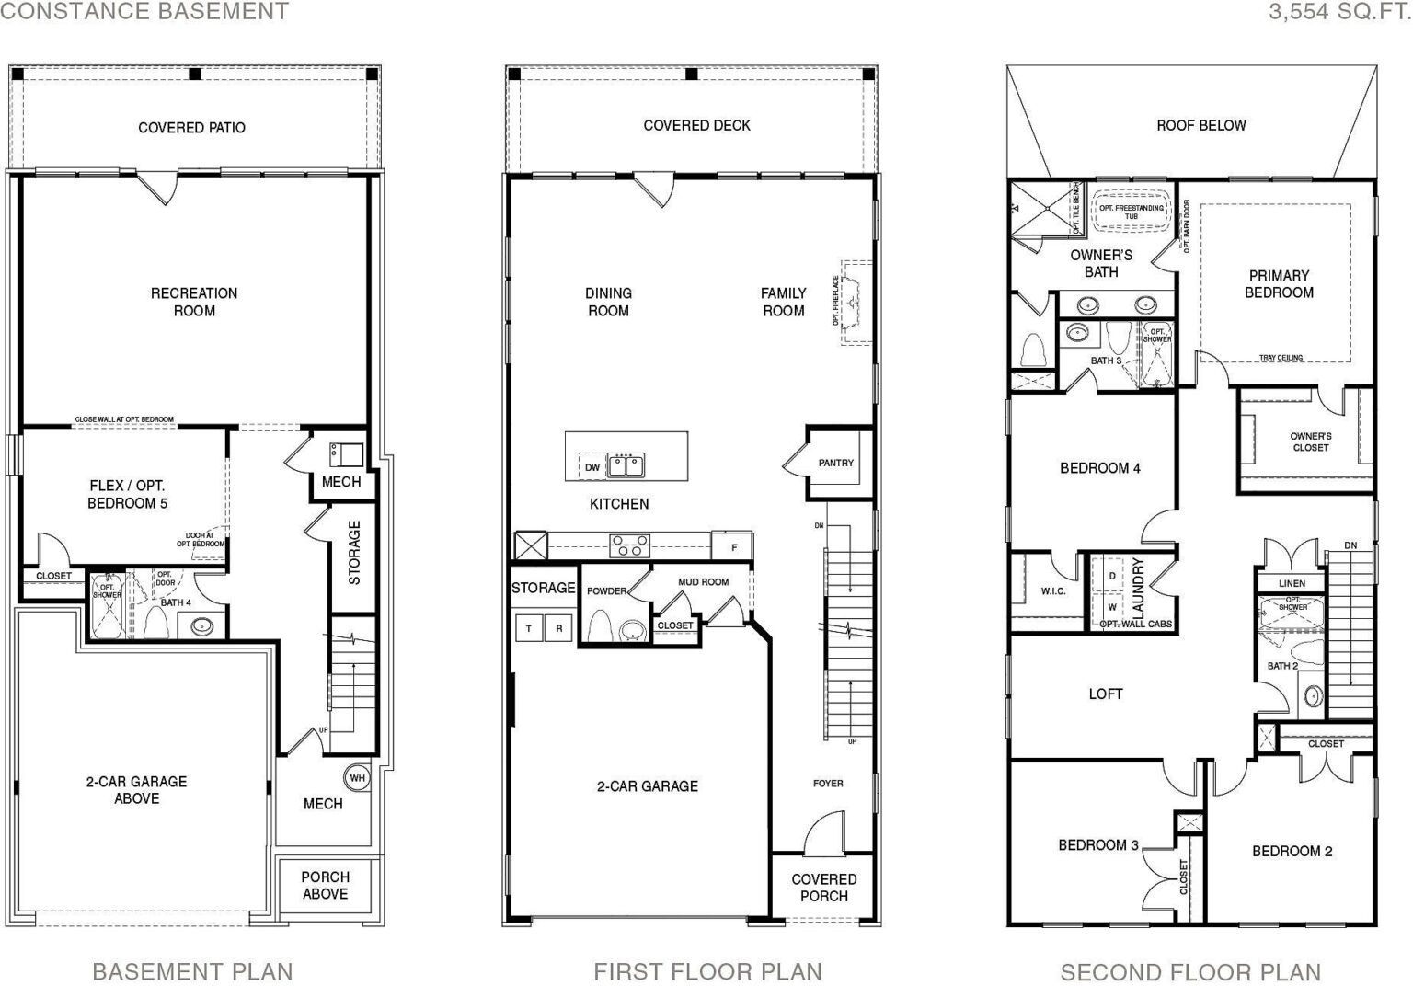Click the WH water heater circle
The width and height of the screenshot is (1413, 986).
(x=357, y=778)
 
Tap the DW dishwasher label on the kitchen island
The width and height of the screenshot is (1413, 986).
(x=592, y=467)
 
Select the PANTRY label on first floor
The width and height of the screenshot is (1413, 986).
(x=835, y=463)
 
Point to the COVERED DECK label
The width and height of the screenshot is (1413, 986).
(x=696, y=125)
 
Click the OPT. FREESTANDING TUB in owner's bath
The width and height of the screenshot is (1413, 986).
(x=1131, y=212)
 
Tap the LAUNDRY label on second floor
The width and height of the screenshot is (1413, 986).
(x=1138, y=587)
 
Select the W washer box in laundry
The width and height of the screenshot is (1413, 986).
(x=1111, y=607)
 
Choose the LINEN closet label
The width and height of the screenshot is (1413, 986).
(x=1292, y=584)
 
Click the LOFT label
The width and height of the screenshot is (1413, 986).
(x=1105, y=694)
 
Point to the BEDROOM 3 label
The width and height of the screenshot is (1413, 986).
(x=1097, y=844)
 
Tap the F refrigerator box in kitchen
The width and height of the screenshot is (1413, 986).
(x=733, y=547)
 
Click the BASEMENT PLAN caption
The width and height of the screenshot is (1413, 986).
(x=192, y=971)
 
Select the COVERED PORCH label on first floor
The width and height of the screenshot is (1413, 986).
(x=823, y=888)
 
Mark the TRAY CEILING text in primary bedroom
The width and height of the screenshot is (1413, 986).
(x=1281, y=358)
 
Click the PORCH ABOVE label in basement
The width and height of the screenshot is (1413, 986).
(x=325, y=885)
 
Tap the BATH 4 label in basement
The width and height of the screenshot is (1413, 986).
(x=176, y=603)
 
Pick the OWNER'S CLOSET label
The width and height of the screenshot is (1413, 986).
(x=1310, y=441)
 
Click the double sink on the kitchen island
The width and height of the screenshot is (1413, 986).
(x=626, y=464)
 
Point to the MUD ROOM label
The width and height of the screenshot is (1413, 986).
(x=703, y=581)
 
